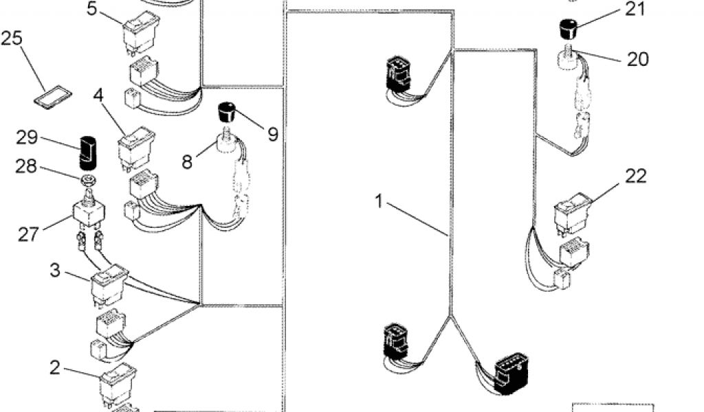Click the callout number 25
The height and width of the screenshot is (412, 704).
pos(12,38)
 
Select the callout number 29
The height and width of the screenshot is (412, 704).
pos(27,137)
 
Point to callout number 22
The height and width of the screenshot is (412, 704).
pos(636,176)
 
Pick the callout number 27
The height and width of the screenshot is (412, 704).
pos(28,233)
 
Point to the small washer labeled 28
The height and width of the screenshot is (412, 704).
pos(87,181)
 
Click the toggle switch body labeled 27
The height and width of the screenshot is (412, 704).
pos(89,214)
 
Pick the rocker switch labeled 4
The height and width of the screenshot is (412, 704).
pos(135,148)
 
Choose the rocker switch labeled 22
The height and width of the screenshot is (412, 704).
pos(571,213)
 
